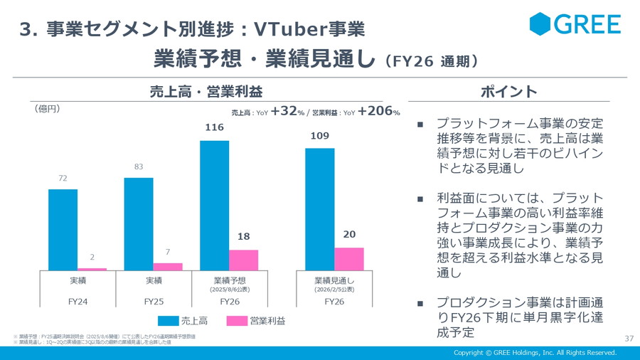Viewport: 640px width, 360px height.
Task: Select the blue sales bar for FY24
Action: click(63, 230)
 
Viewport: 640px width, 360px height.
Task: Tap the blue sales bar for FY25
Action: click(138, 224)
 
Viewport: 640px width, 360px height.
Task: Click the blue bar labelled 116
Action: click(214, 206)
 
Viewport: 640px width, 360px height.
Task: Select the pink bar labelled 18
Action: click(243, 260)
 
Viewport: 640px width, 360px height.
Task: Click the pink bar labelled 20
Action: click(348, 259)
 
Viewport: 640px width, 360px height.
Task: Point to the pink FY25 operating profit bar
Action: click(168, 267)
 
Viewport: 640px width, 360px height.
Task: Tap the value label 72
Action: click(63, 179)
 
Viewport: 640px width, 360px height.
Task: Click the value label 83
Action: click(138, 167)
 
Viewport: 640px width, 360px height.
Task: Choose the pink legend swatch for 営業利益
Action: click(236, 321)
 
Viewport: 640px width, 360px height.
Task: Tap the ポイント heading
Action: click(508, 92)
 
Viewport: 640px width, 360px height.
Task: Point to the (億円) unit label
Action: click(47, 109)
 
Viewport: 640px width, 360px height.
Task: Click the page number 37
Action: click(629, 338)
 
